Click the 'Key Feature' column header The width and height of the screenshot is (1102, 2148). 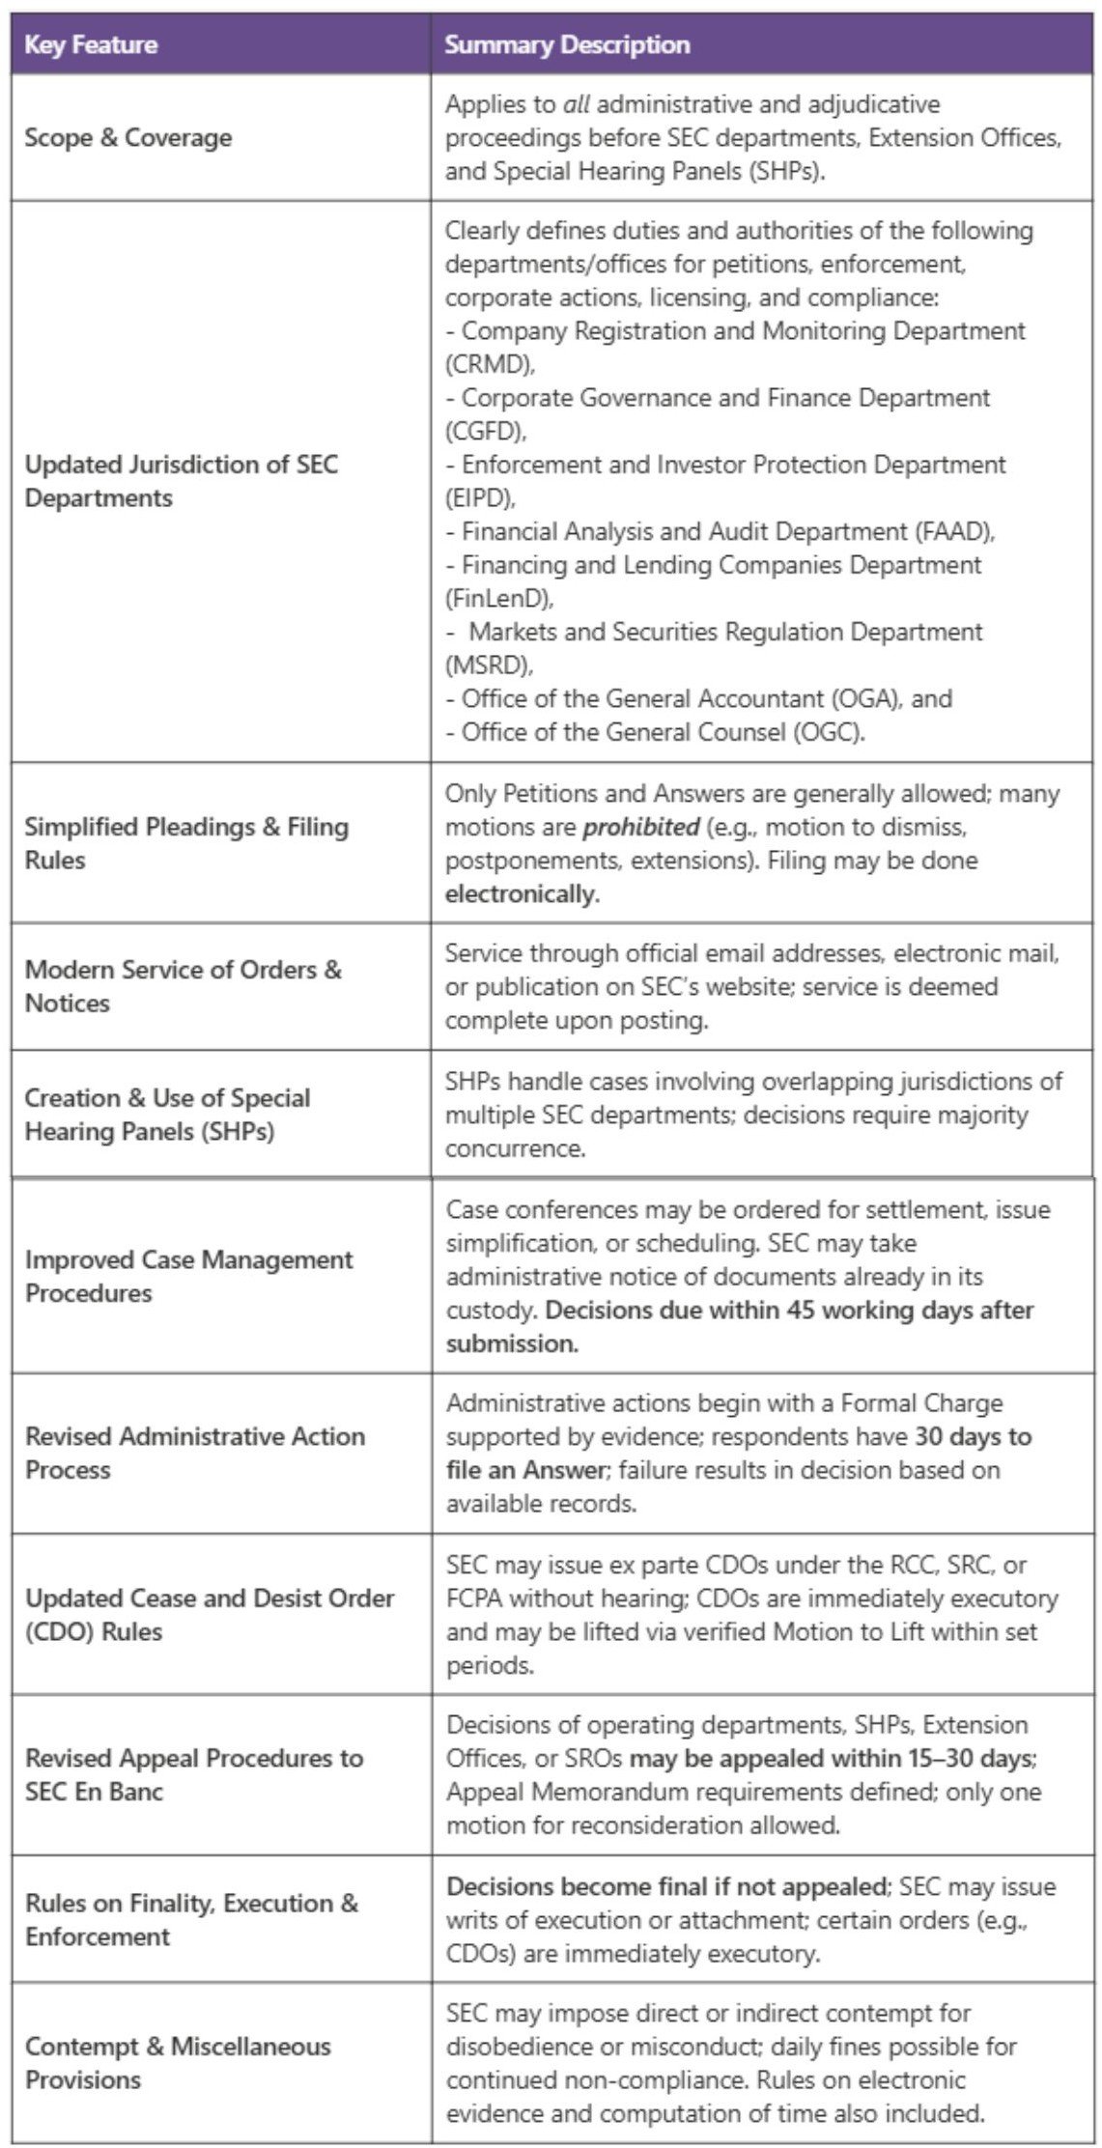[91, 44]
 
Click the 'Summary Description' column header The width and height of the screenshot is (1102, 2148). [567, 44]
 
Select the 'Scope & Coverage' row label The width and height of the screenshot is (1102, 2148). [128, 137]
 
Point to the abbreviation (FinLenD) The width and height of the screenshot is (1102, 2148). [498, 598]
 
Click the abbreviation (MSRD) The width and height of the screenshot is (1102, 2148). [489, 664]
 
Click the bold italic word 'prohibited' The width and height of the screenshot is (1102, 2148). [640, 827]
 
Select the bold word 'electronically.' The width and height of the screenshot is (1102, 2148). [523, 893]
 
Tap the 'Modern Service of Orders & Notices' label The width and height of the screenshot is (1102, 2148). [184, 986]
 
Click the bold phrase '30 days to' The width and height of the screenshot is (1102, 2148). [974, 1436]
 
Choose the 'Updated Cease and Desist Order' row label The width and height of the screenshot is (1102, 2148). [210, 1597]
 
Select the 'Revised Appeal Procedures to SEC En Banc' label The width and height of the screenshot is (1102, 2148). [194, 1774]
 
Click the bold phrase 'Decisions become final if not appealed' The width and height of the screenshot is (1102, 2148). [666, 1886]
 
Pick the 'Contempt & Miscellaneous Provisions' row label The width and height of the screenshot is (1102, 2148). [178, 2063]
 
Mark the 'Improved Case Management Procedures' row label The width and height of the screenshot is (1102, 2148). [189, 1276]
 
